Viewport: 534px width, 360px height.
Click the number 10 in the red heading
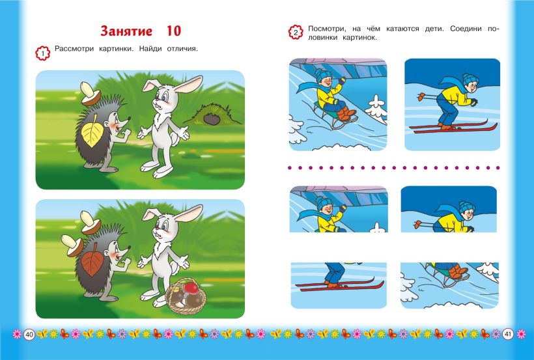point(174,31)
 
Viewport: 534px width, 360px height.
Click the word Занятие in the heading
point(126,31)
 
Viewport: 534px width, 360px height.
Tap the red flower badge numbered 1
point(42,53)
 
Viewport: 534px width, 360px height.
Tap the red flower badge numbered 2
point(296,33)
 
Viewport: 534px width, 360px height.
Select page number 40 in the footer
point(29,335)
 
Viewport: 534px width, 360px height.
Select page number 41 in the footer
point(507,335)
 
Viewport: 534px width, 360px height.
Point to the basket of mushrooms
point(186,296)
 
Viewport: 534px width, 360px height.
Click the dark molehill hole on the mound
point(212,119)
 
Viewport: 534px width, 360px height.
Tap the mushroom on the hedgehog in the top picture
point(90,93)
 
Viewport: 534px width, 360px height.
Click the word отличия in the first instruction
point(182,49)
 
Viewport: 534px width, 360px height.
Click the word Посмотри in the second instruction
point(324,29)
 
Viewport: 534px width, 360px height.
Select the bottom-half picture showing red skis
point(339,285)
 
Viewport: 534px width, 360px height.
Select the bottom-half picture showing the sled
point(449,285)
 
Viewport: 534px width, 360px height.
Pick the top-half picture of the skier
point(449,209)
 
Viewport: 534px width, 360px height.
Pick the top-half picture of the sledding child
point(339,209)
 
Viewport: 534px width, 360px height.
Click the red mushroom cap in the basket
point(191,288)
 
